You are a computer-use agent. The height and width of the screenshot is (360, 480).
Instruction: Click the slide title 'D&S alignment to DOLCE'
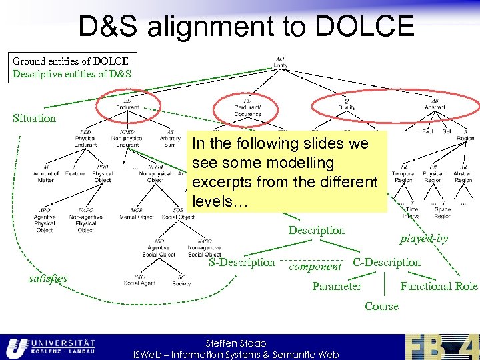(246, 27)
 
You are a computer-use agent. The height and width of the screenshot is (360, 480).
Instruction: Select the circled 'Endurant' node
(127, 105)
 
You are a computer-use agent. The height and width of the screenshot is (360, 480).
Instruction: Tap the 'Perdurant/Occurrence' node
(247, 109)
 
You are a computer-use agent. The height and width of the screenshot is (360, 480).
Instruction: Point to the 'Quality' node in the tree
(347, 105)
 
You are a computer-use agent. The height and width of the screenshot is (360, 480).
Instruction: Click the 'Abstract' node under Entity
(435, 105)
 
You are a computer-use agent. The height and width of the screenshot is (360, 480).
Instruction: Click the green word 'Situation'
(34, 118)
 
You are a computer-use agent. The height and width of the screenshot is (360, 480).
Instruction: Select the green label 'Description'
(316, 231)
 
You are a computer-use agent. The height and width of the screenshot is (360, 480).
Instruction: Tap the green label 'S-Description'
(241, 263)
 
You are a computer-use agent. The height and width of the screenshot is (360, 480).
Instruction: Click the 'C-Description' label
(387, 263)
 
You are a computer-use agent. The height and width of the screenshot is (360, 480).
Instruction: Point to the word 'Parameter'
(337, 286)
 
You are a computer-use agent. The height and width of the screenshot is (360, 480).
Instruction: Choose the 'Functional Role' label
(439, 286)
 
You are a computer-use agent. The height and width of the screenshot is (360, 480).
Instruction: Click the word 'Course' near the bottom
(381, 307)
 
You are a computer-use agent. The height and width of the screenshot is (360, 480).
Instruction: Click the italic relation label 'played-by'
(424, 239)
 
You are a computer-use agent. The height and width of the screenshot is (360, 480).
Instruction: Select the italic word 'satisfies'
(48, 278)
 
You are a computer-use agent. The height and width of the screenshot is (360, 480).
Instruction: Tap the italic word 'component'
(315, 266)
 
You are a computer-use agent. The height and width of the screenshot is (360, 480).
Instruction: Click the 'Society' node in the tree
(181, 281)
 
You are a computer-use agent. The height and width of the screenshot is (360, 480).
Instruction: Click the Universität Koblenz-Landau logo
(51, 346)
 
